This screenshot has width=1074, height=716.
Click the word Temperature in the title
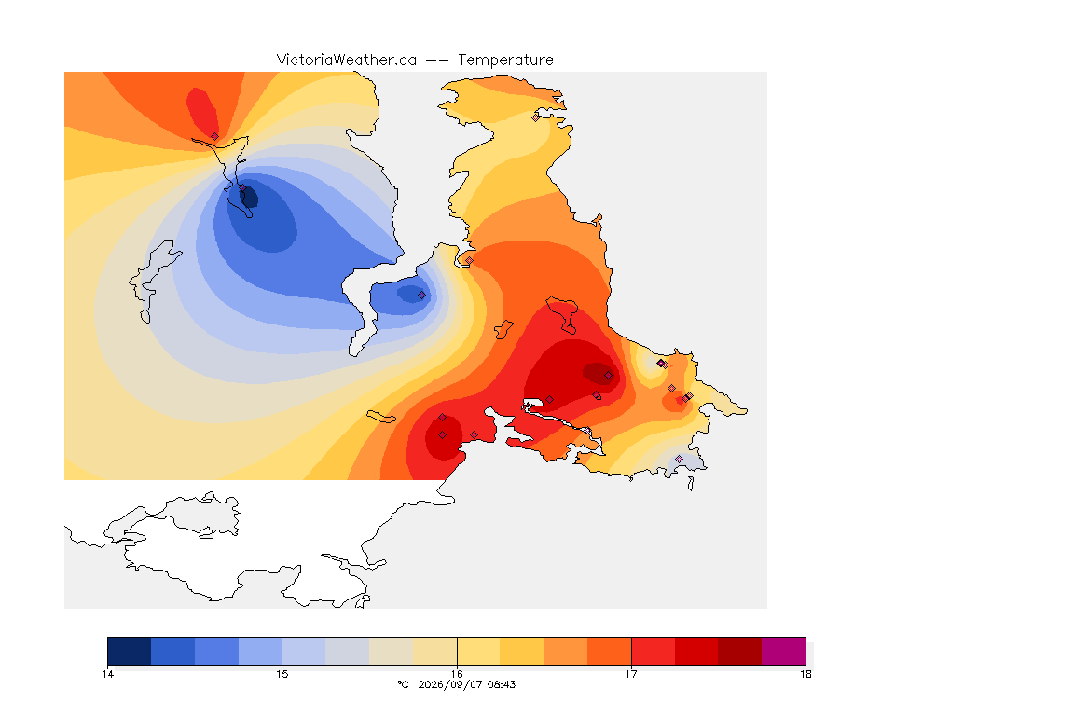tap(505, 61)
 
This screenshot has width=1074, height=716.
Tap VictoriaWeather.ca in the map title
tap(347, 61)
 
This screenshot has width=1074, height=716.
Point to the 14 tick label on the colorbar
tap(107, 674)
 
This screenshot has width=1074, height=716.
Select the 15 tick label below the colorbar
tap(282, 674)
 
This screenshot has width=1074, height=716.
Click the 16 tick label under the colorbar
tap(457, 674)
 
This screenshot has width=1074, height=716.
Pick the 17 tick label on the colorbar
tap(631, 674)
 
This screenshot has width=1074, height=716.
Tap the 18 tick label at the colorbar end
tap(805, 674)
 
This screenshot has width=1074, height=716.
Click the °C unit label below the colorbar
tap(403, 684)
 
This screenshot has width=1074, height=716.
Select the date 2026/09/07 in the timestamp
tap(448, 684)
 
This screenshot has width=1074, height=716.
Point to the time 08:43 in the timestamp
tap(500, 684)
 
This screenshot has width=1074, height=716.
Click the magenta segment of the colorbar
tap(783, 651)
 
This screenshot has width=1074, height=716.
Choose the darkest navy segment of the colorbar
tap(130, 651)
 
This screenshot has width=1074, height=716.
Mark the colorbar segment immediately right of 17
tap(653, 651)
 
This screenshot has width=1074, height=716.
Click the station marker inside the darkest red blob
tap(608, 376)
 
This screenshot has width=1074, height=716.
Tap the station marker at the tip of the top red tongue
tap(215, 137)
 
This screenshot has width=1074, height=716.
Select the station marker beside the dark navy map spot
tap(242, 187)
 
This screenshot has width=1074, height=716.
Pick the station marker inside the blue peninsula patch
tap(422, 296)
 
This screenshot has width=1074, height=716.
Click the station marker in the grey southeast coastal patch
tap(679, 459)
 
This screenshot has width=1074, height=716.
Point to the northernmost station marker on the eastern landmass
tap(536, 117)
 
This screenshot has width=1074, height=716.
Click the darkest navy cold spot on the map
tap(249, 197)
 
